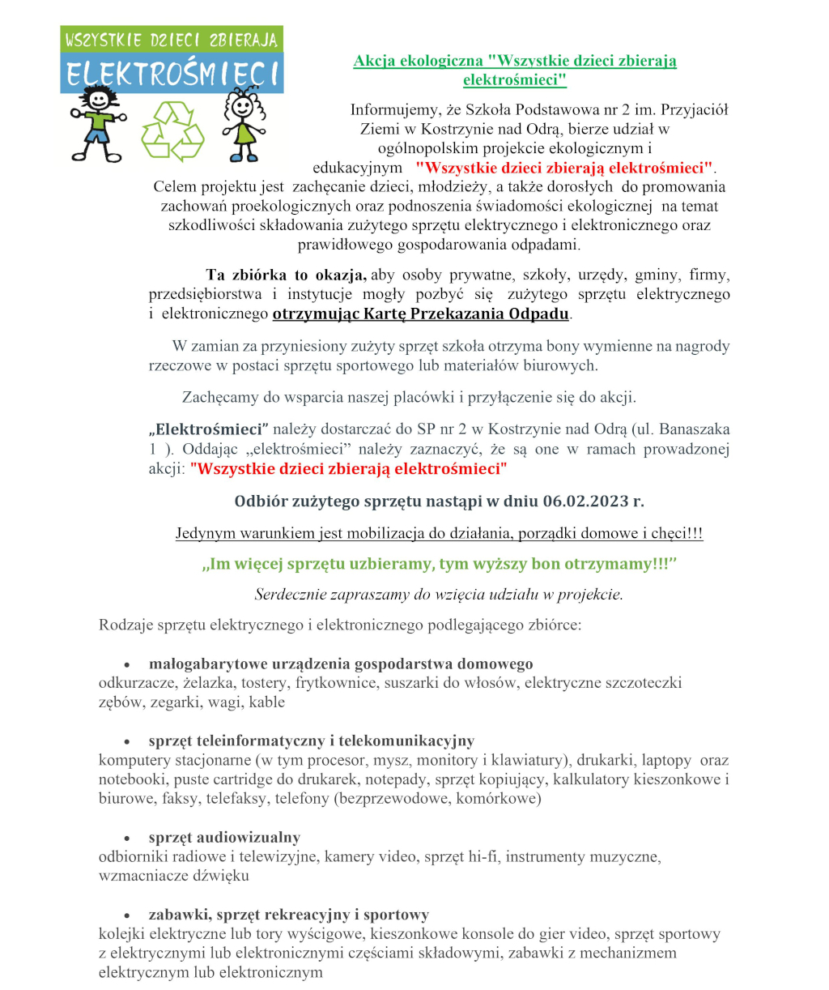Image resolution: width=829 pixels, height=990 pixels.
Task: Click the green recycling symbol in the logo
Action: point(172,131)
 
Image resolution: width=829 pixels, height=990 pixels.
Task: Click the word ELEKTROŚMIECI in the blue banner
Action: point(172,75)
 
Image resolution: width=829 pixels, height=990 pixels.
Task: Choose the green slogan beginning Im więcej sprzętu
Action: point(439,564)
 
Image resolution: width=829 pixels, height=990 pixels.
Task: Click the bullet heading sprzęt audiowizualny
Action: point(224,838)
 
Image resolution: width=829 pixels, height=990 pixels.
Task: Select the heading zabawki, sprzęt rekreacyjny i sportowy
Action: point(288,915)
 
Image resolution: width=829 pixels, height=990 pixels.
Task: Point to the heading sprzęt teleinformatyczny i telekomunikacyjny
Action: point(311,741)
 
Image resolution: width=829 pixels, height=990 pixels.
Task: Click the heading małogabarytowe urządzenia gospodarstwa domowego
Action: point(341,664)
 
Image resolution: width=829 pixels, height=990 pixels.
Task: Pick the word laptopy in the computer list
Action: point(666,761)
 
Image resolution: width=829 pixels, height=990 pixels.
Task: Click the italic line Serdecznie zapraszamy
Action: point(439,595)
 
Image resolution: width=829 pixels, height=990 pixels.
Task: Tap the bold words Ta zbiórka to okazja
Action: point(287,275)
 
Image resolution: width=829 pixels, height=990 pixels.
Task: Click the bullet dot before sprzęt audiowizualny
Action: point(127,839)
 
